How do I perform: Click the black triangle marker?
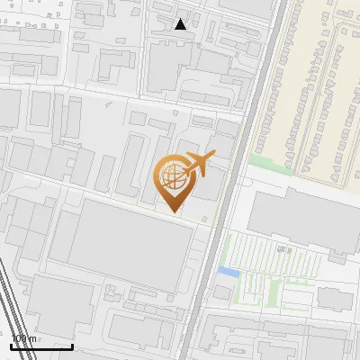tap(181, 24)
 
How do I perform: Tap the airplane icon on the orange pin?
tap(198, 163)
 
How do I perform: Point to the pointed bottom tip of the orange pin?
tap(173, 211)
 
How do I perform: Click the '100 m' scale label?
tap(23, 339)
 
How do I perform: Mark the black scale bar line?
tap(41, 346)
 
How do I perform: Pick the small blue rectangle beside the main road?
tap(229, 271)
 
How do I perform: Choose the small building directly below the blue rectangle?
tap(223, 292)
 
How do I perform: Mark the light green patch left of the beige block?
tap(263, 162)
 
